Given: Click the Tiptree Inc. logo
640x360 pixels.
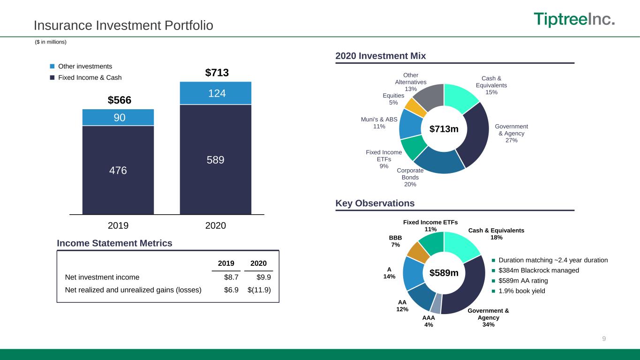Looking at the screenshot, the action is pyautogui.click(x=574, y=19).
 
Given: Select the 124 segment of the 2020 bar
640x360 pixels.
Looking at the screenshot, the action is pyautogui.click(x=215, y=93).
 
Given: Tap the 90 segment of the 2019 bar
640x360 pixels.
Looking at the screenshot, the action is pyautogui.click(x=118, y=118).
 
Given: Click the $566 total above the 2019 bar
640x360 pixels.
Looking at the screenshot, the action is pyautogui.click(x=120, y=100).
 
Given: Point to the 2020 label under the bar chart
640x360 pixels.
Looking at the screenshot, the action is pyautogui.click(x=215, y=225).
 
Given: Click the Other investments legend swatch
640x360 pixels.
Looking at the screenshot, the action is pyautogui.click(x=52, y=66).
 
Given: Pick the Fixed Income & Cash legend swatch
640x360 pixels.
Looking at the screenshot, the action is pyautogui.click(x=52, y=77).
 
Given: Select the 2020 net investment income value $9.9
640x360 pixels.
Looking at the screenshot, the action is pyautogui.click(x=264, y=277).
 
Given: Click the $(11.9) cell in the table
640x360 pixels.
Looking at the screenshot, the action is pyautogui.click(x=259, y=290).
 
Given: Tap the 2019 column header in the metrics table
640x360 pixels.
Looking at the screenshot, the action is pyautogui.click(x=226, y=263).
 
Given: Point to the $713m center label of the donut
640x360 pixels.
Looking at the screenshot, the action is pyautogui.click(x=444, y=129).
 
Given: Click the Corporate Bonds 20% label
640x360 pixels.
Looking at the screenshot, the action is pyautogui.click(x=410, y=177).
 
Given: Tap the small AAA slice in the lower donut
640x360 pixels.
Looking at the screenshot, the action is pyautogui.click(x=437, y=304).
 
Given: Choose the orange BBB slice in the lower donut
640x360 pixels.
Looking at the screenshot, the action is pyautogui.click(x=418, y=252).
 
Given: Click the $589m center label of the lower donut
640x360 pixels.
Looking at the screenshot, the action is pyautogui.click(x=444, y=273).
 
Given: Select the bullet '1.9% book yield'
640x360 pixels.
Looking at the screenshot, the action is pyautogui.click(x=522, y=291).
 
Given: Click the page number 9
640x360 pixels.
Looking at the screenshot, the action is pyautogui.click(x=604, y=338).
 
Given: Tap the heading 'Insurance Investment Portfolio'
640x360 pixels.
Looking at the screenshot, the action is pyautogui.click(x=123, y=25).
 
